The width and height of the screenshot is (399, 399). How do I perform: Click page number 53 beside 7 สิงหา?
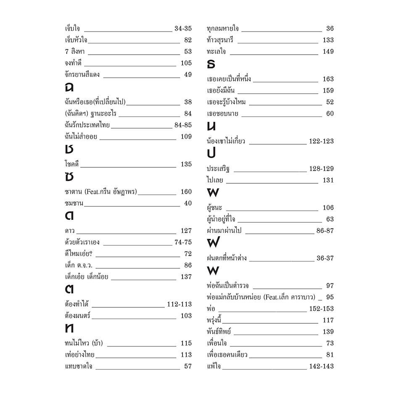point(188,52)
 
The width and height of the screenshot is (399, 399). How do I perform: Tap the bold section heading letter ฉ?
point(69,87)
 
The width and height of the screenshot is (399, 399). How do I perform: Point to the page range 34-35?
point(183,29)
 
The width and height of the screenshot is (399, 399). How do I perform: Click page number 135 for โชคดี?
point(186,164)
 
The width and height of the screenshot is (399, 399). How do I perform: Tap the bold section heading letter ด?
point(69,216)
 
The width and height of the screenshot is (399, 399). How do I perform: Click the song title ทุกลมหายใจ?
point(223,29)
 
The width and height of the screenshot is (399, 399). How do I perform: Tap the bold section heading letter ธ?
point(211,65)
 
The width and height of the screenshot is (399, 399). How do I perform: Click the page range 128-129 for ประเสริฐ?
point(321,169)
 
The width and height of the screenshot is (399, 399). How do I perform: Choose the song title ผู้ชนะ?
point(214,208)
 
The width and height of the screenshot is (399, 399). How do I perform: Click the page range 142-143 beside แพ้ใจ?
point(321,367)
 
